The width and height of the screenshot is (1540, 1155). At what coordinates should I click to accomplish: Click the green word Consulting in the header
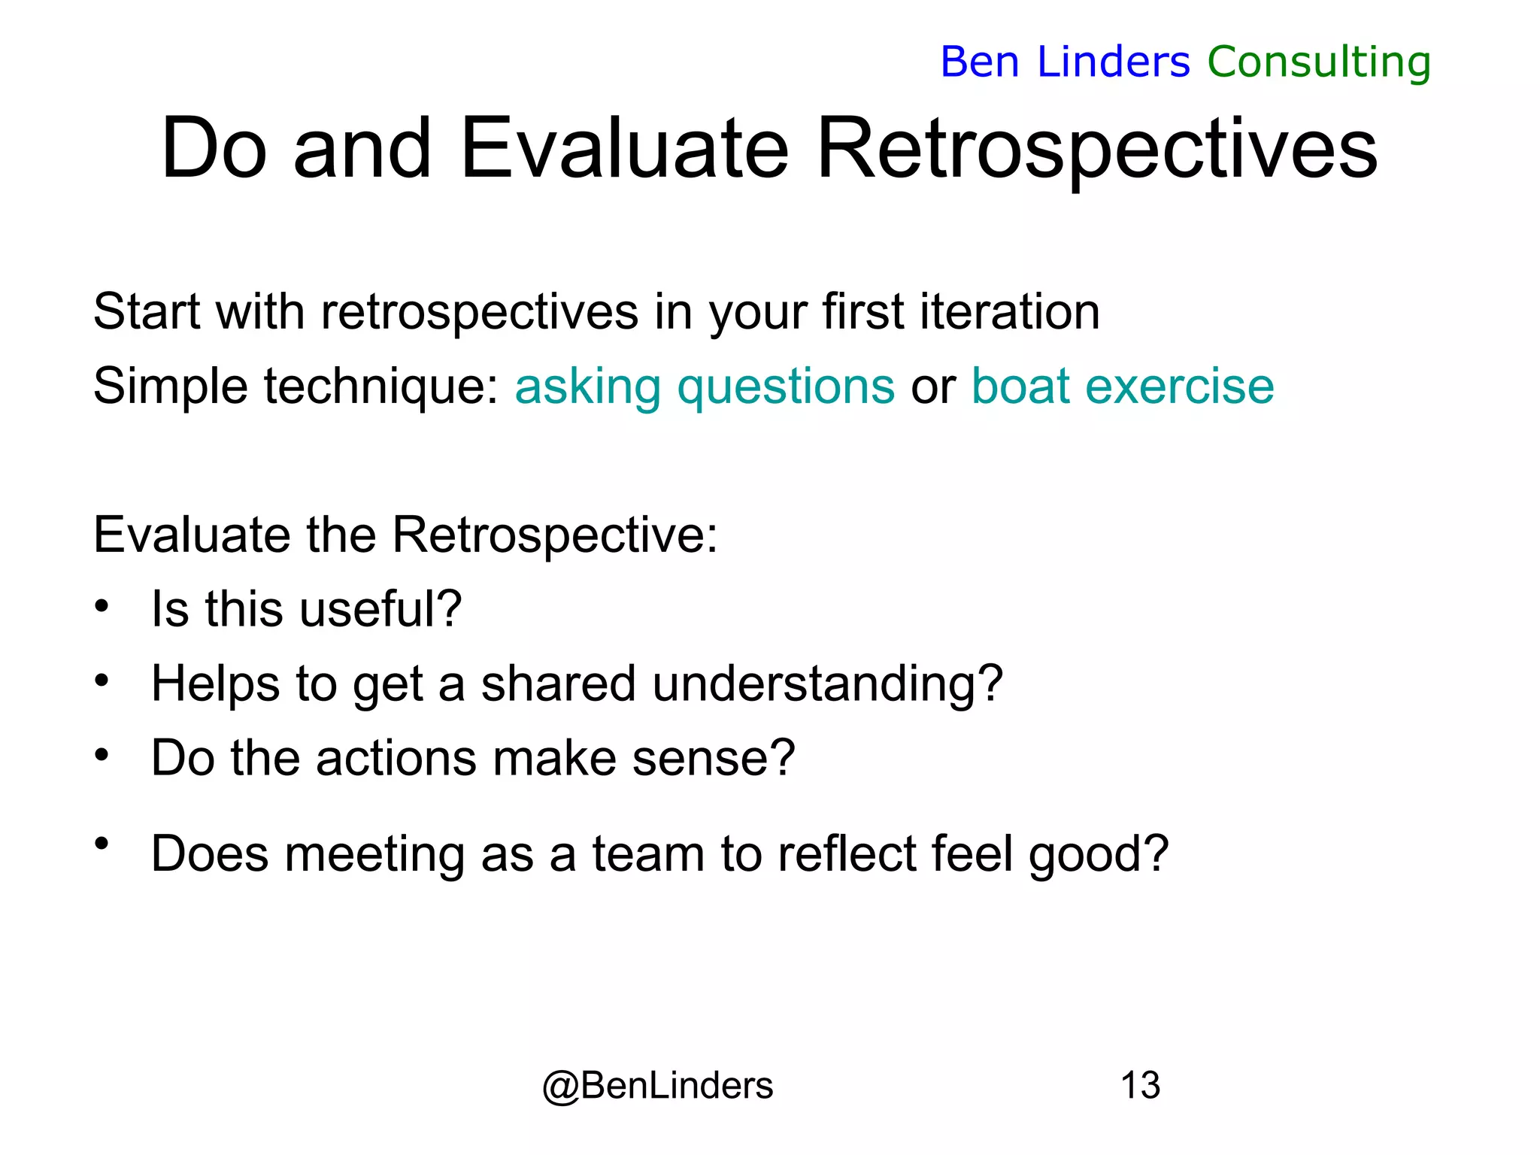1319,62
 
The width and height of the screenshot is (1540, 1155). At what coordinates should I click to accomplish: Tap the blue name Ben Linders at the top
1065,62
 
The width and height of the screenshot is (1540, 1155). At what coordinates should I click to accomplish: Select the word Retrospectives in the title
1096,150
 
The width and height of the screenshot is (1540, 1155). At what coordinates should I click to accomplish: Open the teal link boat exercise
1123,387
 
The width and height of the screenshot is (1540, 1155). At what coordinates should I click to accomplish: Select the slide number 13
1140,1085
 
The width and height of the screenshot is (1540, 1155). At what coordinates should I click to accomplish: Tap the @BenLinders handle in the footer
657,1086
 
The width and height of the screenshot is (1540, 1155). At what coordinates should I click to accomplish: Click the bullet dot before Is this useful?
102,605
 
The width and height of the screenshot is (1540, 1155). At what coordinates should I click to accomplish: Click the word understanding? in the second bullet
827,684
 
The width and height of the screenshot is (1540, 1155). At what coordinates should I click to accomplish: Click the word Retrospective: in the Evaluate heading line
555,535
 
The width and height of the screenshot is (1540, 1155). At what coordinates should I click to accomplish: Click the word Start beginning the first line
146,311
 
